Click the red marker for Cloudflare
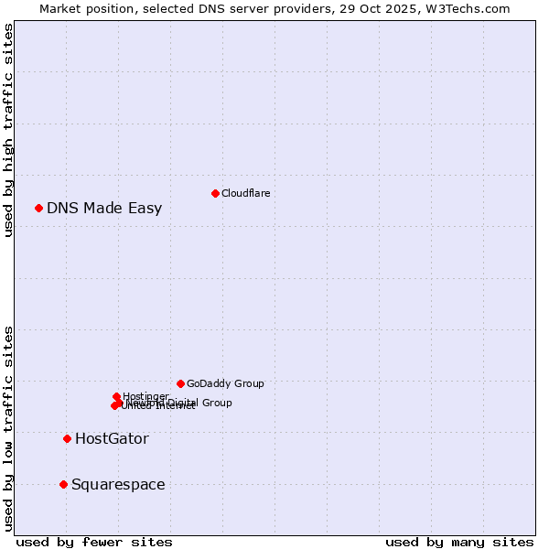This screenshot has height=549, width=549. (x=215, y=193)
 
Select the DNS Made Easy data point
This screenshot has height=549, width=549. (x=38, y=208)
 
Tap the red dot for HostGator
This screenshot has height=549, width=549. (x=67, y=438)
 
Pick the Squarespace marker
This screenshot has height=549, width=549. (x=63, y=484)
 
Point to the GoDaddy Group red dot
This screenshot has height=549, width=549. (x=180, y=383)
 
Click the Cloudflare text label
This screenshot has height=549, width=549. (x=245, y=193)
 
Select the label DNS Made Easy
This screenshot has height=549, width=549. (x=104, y=208)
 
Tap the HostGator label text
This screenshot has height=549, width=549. (x=112, y=438)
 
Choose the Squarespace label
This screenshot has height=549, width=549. (x=118, y=484)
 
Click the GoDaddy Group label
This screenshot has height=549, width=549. (x=225, y=383)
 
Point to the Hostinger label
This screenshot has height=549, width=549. (x=145, y=396)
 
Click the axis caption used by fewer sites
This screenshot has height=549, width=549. (x=94, y=542)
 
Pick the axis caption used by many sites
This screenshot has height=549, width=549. (x=459, y=542)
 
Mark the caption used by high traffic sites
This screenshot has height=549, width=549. (x=8, y=130)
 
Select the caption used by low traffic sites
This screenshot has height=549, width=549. (x=8, y=427)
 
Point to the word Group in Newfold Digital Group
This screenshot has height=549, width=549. (x=216, y=403)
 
